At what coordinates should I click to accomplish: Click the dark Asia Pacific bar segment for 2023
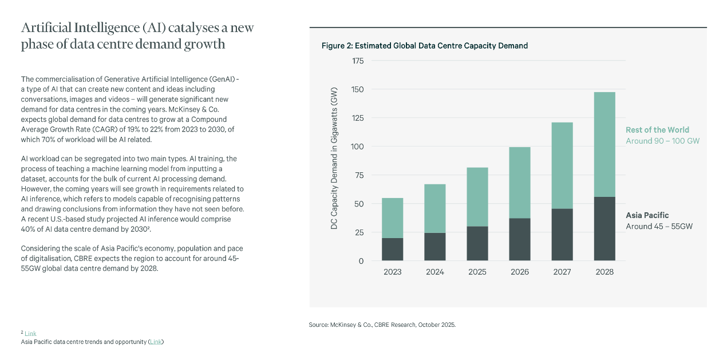coord(392,250)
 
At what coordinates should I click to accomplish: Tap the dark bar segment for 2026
coord(519,239)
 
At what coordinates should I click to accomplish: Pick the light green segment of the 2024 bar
coord(434,208)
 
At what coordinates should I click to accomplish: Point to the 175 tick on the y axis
coord(357,61)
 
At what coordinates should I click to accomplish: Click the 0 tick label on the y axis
coord(361,261)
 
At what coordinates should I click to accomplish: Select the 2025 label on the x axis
coord(477,272)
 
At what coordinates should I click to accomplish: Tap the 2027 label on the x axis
coord(562,272)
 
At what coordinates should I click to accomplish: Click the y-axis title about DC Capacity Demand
coord(334,159)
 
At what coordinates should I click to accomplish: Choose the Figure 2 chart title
coord(424,46)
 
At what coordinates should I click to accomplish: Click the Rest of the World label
coord(657,130)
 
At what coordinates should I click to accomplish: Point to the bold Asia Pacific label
coord(647,215)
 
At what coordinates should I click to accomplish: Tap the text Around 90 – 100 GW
coord(662,141)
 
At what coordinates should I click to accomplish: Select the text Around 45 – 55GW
coord(659,226)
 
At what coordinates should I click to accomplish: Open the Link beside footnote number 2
coord(30,334)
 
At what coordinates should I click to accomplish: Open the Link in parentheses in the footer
coord(156,342)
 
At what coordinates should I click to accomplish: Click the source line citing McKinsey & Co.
coord(382,325)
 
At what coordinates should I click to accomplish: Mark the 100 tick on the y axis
coord(357,147)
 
